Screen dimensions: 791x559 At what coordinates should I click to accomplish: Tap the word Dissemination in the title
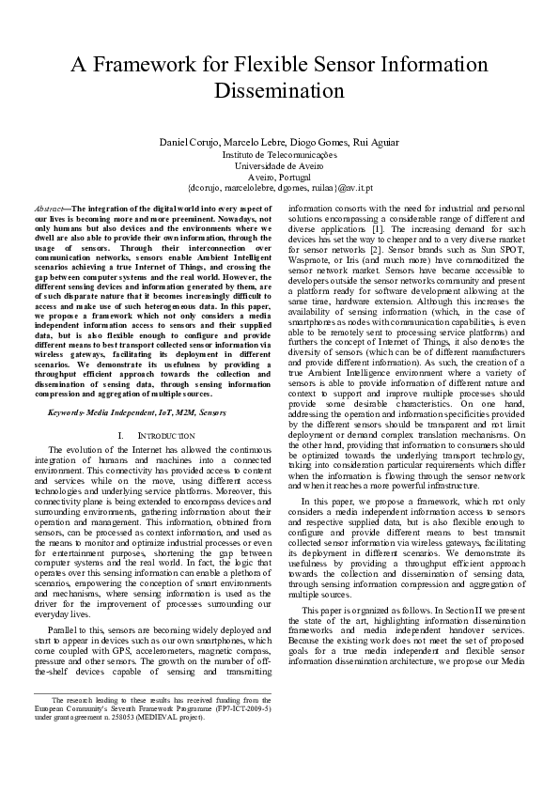coord(280,91)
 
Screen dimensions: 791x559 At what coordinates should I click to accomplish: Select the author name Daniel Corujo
coord(181,142)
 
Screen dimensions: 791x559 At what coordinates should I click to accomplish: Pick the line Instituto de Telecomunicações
coord(279,153)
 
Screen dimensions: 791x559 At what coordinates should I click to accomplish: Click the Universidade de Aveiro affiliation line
coord(279,164)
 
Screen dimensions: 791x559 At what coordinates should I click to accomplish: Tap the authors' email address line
coord(279,187)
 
